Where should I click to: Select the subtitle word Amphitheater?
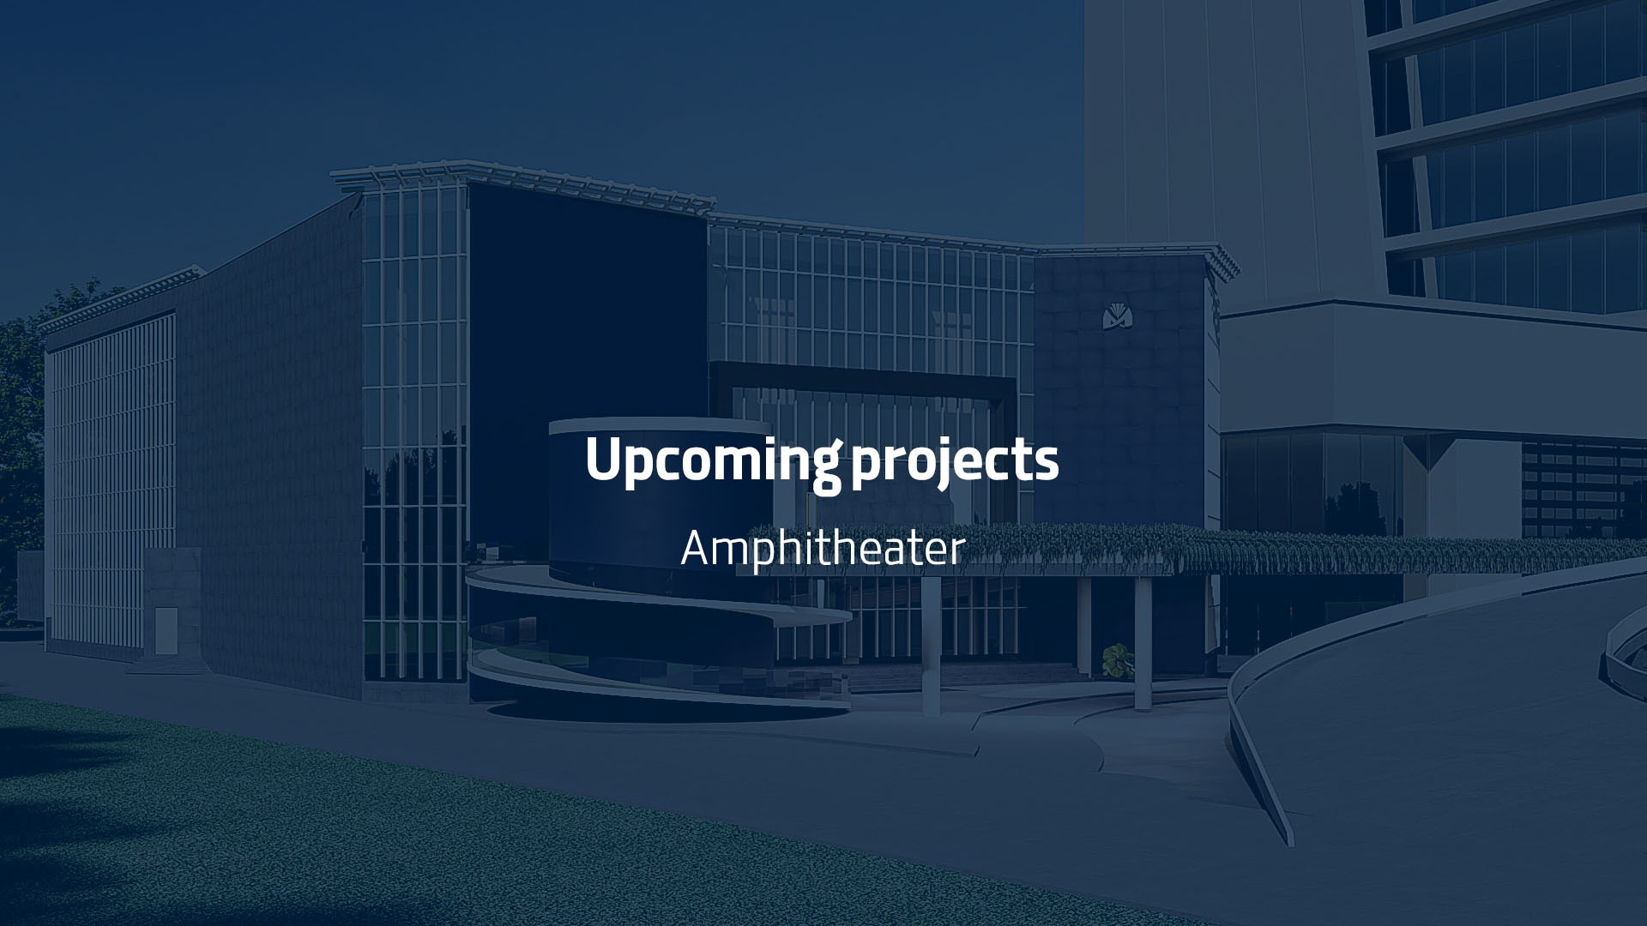click(x=823, y=549)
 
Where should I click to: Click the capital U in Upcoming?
click(x=602, y=459)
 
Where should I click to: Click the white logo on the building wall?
click(x=1118, y=316)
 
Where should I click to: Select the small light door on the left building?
click(x=166, y=629)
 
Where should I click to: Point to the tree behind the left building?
click(x=21, y=429)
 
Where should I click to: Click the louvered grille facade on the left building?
click(x=112, y=480)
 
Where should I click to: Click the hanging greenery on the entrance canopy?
click(x=1201, y=549)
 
